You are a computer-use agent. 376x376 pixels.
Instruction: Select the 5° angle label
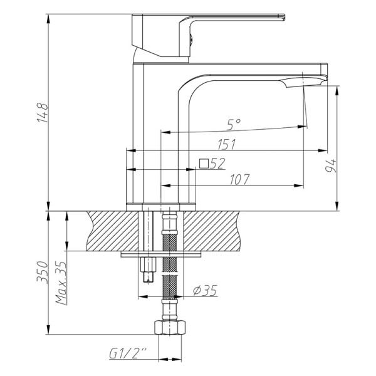pyautogui.click(x=233, y=125)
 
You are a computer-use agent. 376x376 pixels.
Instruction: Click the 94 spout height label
pyautogui.click(x=330, y=166)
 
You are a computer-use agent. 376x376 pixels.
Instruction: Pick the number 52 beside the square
pyautogui.click(x=217, y=164)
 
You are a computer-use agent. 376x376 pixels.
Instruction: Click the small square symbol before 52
pyautogui.click(x=204, y=164)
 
